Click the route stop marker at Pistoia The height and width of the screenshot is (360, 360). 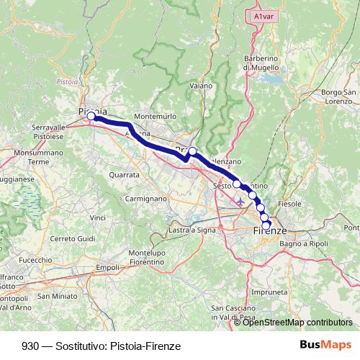91,115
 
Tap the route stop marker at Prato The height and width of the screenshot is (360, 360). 192,151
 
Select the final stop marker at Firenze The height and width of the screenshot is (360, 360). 266,225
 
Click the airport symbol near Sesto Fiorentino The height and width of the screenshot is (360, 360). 240,201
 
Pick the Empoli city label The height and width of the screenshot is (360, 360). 107,267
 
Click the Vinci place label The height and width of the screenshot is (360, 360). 98,217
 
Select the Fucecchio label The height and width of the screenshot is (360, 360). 35,259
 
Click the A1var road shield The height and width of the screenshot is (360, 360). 265,14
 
